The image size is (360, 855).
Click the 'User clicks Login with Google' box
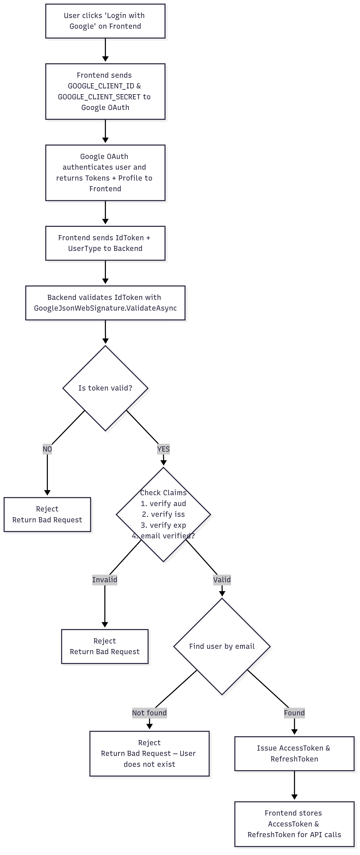coord(105,21)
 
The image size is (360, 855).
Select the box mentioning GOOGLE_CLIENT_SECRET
coord(105,91)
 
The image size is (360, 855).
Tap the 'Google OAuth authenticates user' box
coord(105,173)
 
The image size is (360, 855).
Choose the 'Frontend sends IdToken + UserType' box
coord(105,243)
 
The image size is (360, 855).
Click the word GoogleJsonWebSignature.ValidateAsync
coord(105,308)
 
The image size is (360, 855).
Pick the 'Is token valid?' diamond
coord(105,388)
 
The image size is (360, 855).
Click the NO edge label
coord(47,449)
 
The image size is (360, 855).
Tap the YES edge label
coord(163,449)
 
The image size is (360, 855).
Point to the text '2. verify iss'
coord(163,514)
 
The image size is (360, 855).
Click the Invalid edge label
coord(105,580)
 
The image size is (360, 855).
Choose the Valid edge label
coord(222,580)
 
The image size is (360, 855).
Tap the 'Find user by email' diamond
coord(222,646)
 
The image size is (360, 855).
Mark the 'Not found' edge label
coord(149,712)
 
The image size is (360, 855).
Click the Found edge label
coord(294,712)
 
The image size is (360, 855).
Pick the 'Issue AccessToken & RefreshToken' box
coord(294,753)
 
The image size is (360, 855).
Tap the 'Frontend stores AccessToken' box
coord(294,824)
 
